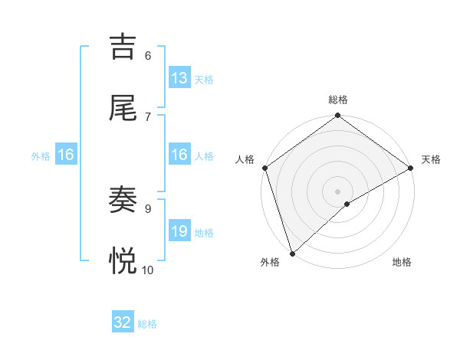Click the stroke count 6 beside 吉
pos(147,55)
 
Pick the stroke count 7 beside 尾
pos(147,116)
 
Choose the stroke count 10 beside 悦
pos(147,270)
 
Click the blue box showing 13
pos(179,78)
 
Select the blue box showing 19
pos(179,231)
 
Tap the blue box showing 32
pos(123,322)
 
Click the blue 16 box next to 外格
pos(66,155)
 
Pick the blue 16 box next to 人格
pos(179,155)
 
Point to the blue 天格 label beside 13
pos(204,80)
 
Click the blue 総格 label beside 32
pos(147,324)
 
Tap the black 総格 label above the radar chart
pos(338,100)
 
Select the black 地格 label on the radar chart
pos(402,263)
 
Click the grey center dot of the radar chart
pos(338,191)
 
